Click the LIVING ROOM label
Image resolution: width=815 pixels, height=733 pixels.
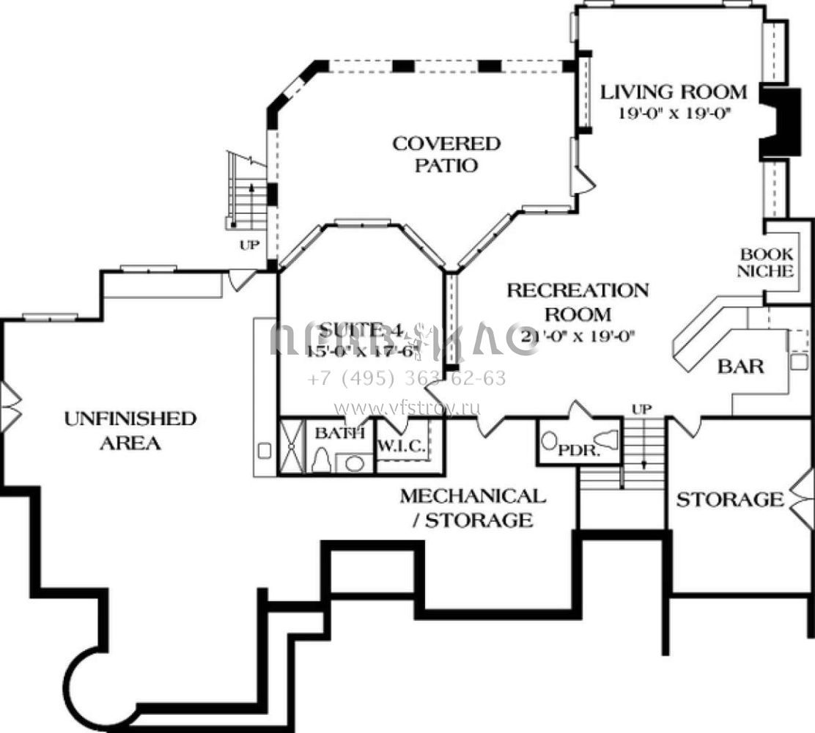point(674,92)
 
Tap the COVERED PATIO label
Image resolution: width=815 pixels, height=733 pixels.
point(446,154)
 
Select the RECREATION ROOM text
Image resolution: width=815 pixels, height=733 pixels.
point(578,302)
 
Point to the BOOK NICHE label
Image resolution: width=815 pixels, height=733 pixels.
point(766,262)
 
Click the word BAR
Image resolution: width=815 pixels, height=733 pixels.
point(741,366)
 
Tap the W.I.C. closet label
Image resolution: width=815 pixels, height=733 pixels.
point(401,446)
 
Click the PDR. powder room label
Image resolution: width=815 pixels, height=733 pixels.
point(579,450)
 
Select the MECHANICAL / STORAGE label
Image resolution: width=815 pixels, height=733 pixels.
point(473,508)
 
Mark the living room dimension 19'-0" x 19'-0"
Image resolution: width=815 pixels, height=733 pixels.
point(674,113)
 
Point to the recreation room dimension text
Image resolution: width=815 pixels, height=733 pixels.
point(578,336)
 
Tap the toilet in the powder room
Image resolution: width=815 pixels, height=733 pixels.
point(549,442)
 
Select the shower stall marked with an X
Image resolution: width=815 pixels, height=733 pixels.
point(291,446)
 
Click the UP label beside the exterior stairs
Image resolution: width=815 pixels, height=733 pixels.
point(249,246)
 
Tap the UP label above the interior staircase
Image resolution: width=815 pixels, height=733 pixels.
point(642,409)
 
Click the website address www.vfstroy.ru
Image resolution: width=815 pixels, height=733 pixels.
point(407,408)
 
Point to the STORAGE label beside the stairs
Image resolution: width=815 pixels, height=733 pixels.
point(729,500)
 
